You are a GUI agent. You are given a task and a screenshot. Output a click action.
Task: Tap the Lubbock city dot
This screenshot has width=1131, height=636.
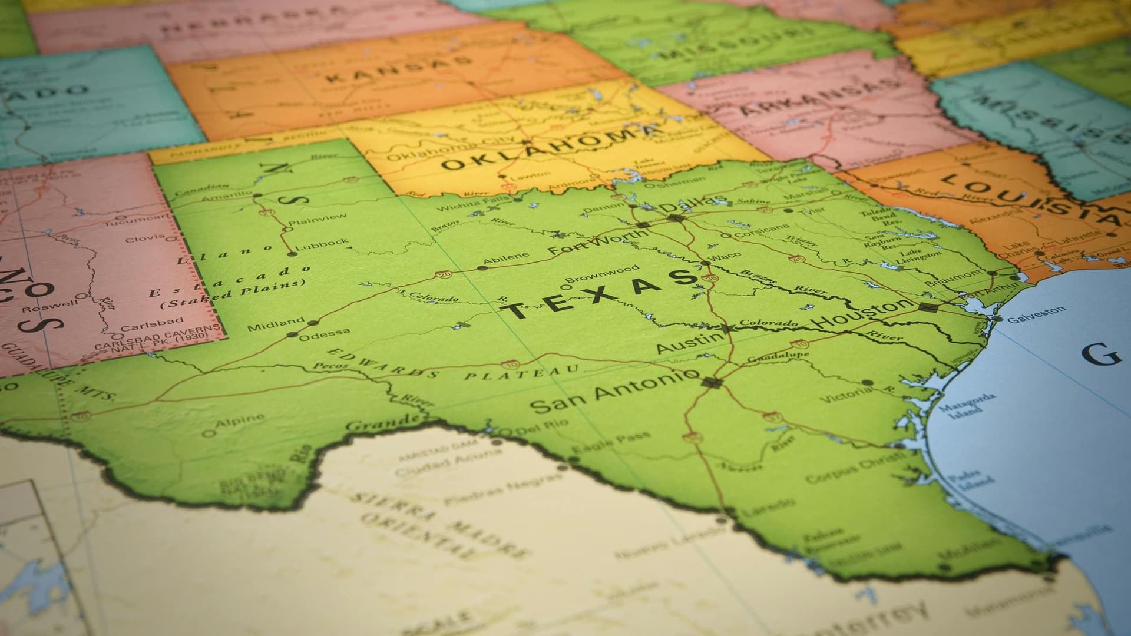(x=291, y=254)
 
